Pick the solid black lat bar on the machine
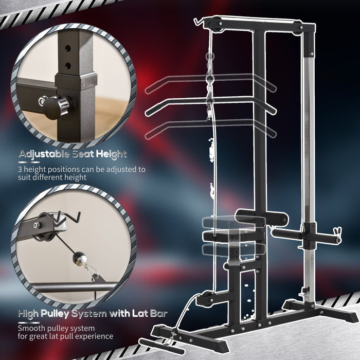[211, 105]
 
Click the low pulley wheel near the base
[207, 299]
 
